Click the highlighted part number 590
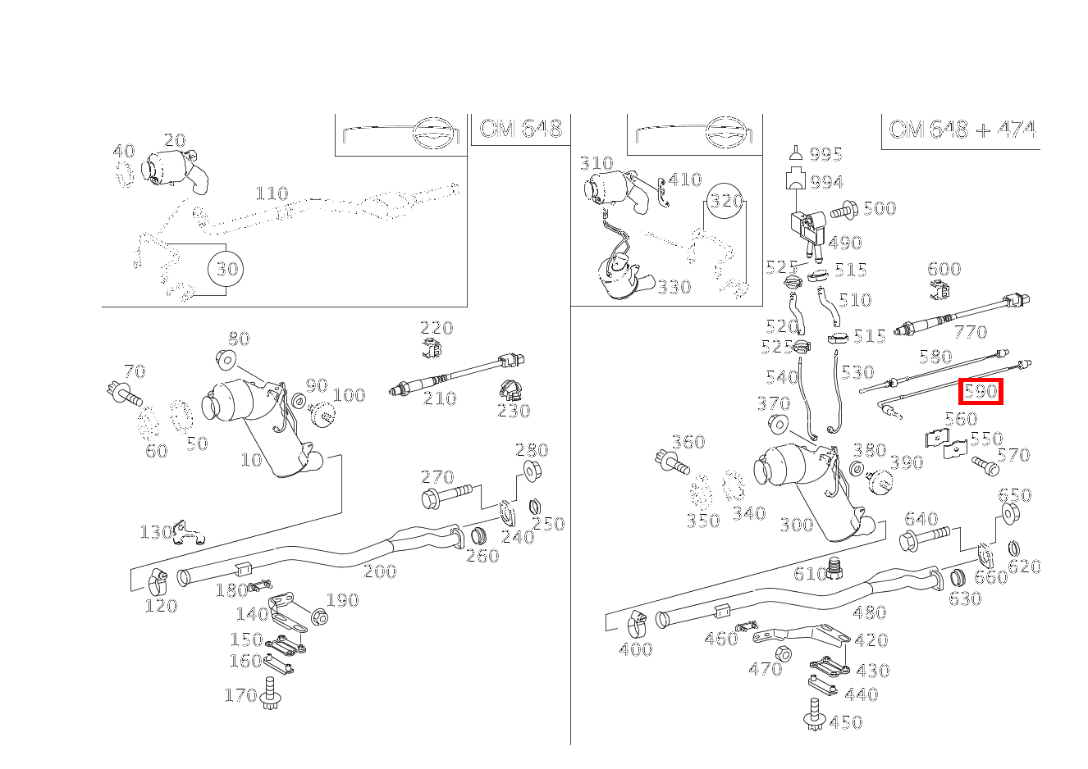(x=981, y=391)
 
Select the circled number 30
(x=226, y=269)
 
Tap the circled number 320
(x=725, y=202)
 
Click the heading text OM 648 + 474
(x=962, y=130)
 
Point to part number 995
(x=825, y=155)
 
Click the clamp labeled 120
(x=158, y=584)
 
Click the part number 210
(x=440, y=398)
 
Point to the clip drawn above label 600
(x=941, y=290)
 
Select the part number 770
(x=971, y=332)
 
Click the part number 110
(x=272, y=193)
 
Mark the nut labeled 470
(x=784, y=653)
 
